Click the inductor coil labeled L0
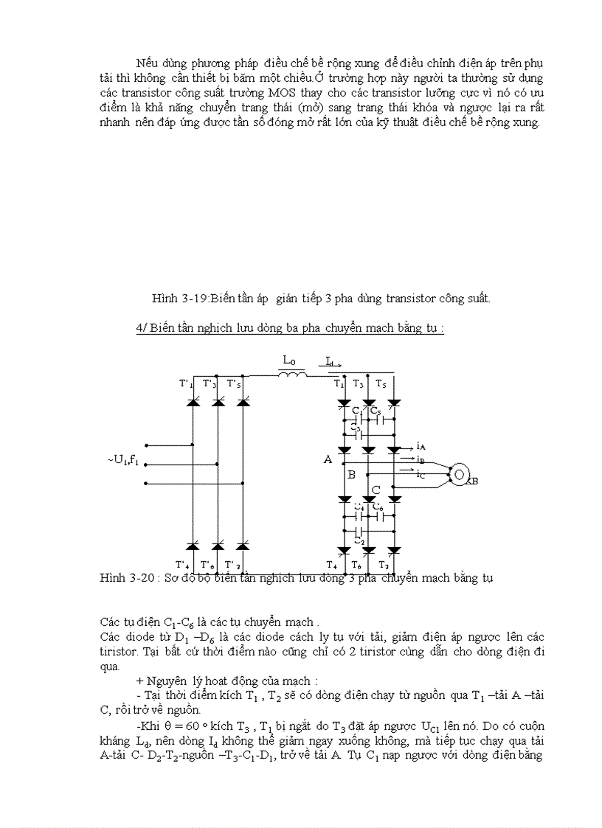291,375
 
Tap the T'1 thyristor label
186,384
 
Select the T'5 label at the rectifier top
233,384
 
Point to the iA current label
421,446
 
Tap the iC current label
421,474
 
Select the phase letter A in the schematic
328,459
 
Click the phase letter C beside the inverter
376,490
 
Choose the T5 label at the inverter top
381,384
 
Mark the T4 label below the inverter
332,564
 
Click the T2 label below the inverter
384,564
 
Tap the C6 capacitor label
378,507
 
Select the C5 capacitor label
376,410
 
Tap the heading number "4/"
142,329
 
